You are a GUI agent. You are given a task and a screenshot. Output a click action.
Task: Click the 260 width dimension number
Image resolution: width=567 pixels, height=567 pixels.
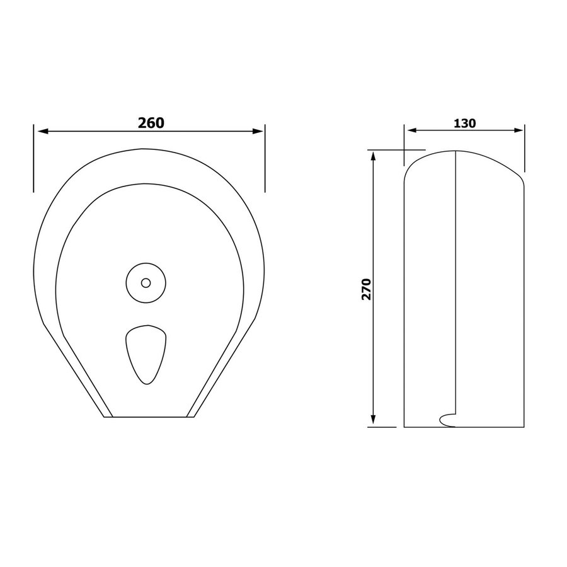click(x=151, y=122)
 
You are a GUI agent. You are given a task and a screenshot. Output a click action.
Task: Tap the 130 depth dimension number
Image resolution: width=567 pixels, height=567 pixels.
click(x=464, y=123)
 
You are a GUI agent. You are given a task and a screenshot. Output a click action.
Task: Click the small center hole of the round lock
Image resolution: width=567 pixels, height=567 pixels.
click(x=146, y=283)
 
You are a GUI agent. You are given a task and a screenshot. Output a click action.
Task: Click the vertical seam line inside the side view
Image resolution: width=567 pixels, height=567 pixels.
click(x=455, y=283)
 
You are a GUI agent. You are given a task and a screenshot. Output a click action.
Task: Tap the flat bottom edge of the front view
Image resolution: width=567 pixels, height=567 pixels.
click(x=150, y=418)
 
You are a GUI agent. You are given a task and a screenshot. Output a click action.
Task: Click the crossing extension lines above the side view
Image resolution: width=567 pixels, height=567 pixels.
click(x=404, y=151)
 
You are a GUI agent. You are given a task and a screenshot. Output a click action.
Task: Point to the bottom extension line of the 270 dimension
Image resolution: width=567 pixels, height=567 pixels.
click(x=382, y=427)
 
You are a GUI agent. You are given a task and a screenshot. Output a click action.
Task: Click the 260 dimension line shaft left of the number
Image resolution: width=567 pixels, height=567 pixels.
click(x=88, y=131)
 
